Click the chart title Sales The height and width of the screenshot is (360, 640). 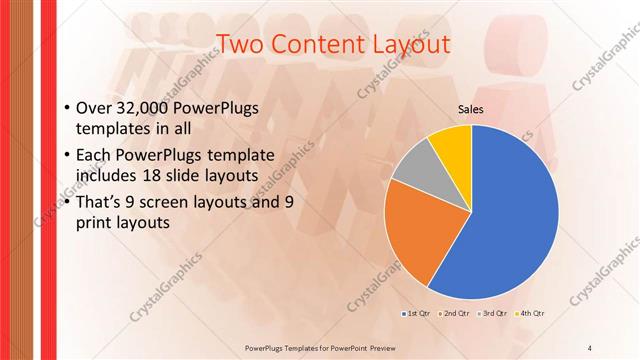(471, 110)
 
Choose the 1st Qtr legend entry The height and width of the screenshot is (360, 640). (415, 314)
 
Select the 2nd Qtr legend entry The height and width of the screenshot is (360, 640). (455, 314)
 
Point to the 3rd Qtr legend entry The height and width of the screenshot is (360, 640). (494, 314)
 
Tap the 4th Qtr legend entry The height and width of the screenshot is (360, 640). (532, 314)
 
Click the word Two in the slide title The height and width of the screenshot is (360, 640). (239, 44)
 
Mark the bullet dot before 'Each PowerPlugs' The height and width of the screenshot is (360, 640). (66, 156)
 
